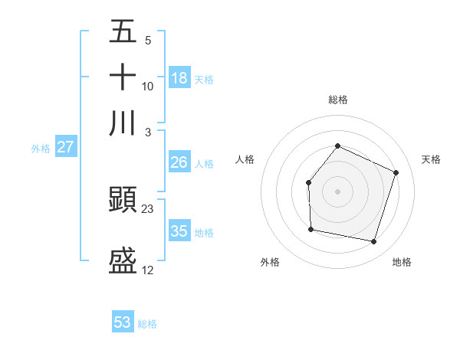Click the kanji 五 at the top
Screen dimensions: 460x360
pos(123,32)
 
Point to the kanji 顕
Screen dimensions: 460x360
pos(123,201)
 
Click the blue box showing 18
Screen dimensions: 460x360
pos(179,77)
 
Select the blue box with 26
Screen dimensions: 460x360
pos(179,162)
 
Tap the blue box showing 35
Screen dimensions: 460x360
pos(179,231)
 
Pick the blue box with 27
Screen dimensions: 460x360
pos(65,147)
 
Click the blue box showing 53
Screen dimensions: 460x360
pos(123,322)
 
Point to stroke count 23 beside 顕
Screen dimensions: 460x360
pos(148,208)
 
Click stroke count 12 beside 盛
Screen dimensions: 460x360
pos(148,270)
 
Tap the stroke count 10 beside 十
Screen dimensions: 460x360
pos(148,86)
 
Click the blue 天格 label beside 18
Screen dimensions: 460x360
pos(204,79)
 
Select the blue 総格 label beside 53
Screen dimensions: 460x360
pos(147,324)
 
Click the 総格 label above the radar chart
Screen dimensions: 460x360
pos(337,100)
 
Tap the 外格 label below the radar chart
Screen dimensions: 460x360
pos(270,262)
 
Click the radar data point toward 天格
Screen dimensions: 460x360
pos(396,172)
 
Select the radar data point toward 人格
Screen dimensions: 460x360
pos(308,182)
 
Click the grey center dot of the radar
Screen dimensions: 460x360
pos(337,191)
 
